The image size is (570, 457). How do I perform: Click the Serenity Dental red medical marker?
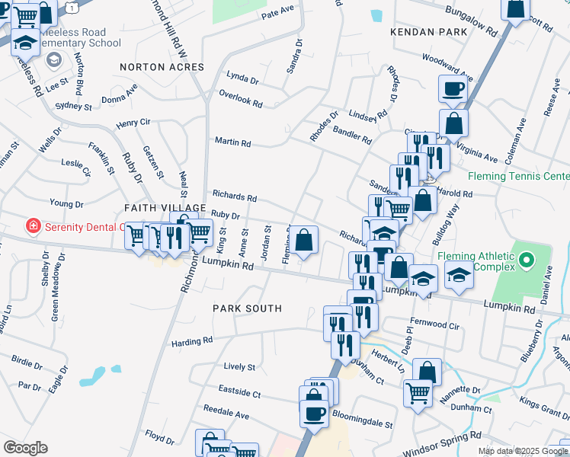[x=33, y=226]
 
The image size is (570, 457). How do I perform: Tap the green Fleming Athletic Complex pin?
[x=526, y=263]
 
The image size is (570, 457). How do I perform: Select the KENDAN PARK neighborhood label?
[x=427, y=32]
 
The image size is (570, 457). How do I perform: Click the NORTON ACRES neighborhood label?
[x=162, y=67]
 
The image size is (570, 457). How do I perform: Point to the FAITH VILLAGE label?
[x=165, y=208]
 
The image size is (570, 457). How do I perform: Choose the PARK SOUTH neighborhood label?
[x=247, y=308]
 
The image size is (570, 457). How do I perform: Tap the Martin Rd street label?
[x=232, y=142]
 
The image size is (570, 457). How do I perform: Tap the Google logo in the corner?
[x=25, y=448]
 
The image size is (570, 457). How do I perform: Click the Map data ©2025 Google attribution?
[x=523, y=451]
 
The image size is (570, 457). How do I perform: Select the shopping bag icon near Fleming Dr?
[x=303, y=240]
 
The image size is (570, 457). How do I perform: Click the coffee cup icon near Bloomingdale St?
[x=313, y=414]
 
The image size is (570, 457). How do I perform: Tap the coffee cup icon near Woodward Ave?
[x=453, y=88]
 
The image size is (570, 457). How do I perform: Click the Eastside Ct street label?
[x=239, y=395]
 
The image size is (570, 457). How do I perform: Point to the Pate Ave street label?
[x=277, y=13]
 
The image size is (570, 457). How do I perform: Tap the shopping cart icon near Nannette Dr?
[x=417, y=393]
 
